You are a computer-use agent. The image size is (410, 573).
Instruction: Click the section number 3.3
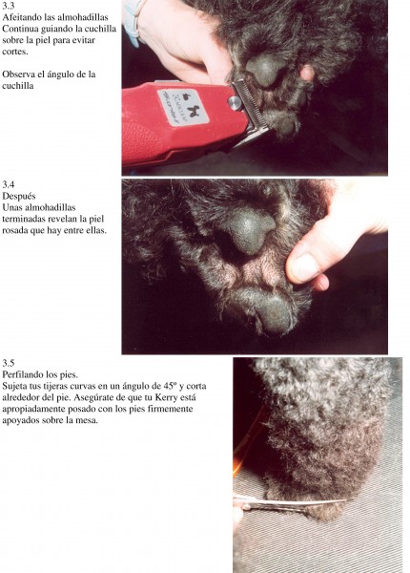click(x=9, y=6)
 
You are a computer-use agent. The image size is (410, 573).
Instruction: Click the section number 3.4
click(x=9, y=184)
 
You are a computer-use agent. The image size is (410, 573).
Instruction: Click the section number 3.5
click(x=9, y=363)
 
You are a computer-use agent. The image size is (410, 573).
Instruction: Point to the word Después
click(x=19, y=196)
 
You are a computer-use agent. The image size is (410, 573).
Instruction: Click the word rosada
click(x=15, y=230)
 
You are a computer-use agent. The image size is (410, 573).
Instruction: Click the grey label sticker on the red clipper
click(x=183, y=107)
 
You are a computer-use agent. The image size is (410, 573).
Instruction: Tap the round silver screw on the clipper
click(x=235, y=103)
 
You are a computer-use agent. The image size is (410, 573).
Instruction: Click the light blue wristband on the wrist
click(x=133, y=22)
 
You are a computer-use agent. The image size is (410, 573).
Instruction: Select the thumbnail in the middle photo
click(x=304, y=267)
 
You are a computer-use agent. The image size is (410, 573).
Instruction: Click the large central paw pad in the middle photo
click(x=249, y=230)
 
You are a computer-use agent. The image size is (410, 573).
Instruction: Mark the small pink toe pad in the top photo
click(x=307, y=73)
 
